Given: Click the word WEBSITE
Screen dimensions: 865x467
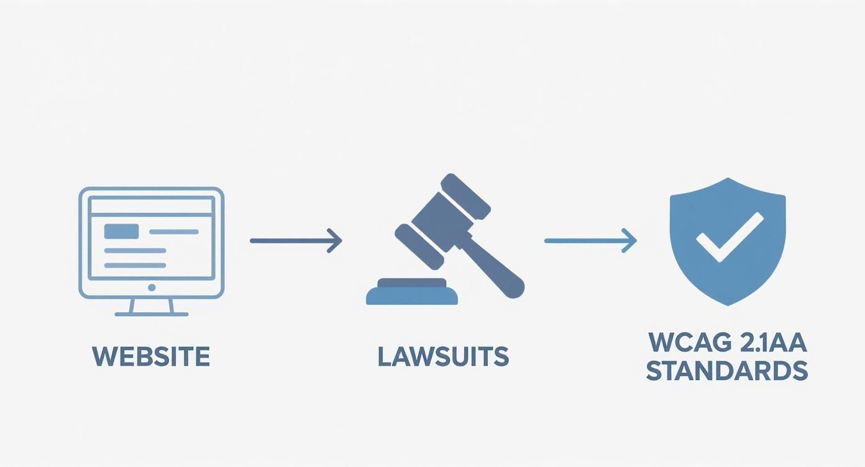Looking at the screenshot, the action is pyautogui.click(x=151, y=356).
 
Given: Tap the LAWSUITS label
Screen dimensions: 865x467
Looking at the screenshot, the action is pyautogui.click(x=443, y=356).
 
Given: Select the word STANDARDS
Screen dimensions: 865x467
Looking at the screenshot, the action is pyautogui.click(x=727, y=371).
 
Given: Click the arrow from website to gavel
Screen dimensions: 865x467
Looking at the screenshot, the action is pyautogui.click(x=296, y=241).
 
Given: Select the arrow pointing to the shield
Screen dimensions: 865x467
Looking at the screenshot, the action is pyautogui.click(x=590, y=241).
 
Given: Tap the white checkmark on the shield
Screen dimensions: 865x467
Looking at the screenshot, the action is pyautogui.click(x=730, y=237).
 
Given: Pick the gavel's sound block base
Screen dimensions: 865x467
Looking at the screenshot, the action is pyautogui.click(x=411, y=292).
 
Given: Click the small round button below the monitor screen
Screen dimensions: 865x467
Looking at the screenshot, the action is pyautogui.click(x=152, y=288).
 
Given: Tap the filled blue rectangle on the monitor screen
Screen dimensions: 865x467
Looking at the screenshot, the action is pyautogui.click(x=122, y=231).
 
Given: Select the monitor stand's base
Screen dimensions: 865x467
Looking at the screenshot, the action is pyautogui.click(x=152, y=314).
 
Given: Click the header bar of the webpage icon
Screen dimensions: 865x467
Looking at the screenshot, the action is pyautogui.click(x=152, y=206).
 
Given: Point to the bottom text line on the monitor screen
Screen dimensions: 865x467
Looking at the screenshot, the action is pyautogui.click(x=135, y=265).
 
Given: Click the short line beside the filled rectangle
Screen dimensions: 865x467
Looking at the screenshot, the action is pyautogui.click(x=174, y=232).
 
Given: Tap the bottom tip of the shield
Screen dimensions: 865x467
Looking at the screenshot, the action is pyautogui.click(x=728, y=306).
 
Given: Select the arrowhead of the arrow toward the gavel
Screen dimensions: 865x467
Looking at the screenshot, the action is pyautogui.click(x=335, y=241).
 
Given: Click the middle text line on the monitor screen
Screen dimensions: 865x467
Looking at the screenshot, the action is pyautogui.click(x=135, y=250).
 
